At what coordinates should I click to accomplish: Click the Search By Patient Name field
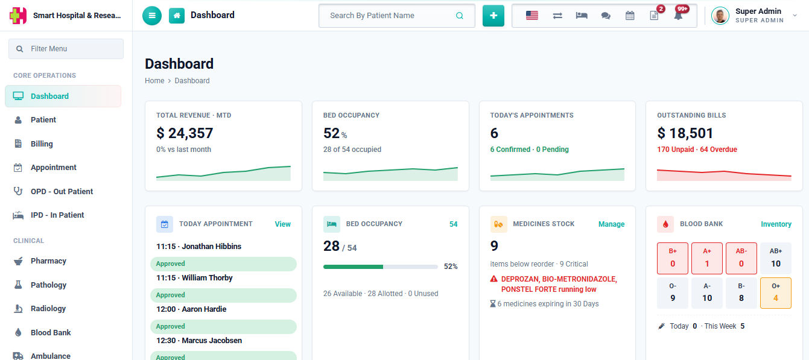(x=396, y=16)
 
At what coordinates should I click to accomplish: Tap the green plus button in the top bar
(x=493, y=16)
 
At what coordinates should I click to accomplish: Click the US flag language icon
(x=532, y=16)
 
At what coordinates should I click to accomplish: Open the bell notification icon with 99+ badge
(x=679, y=15)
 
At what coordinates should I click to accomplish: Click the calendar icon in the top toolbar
(x=630, y=16)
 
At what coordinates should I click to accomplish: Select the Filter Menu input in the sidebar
(x=66, y=49)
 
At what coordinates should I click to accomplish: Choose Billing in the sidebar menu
(x=42, y=144)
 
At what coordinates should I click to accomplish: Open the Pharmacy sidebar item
(x=48, y=261)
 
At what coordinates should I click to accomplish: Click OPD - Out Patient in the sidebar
(x=62, y=191)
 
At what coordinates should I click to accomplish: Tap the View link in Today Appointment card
(x=282, y=224)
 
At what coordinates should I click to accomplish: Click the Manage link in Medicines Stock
(x=611, y=224)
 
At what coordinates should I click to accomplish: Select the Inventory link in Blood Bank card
(x=776, y=224)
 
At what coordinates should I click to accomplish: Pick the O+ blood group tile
(x=776, y=293)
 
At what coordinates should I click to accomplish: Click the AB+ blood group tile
(x=776, y=258)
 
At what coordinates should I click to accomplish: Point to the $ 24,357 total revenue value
(x=185, y=133)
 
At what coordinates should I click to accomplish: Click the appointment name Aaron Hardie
(x=204, y=309)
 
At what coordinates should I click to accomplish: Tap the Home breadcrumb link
(x=154, y=81)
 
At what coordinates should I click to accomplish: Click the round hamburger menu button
(x=152, y=16)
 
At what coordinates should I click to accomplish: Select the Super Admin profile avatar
(x=720, y=16)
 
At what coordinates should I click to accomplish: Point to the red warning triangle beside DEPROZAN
(x=493, y=279)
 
